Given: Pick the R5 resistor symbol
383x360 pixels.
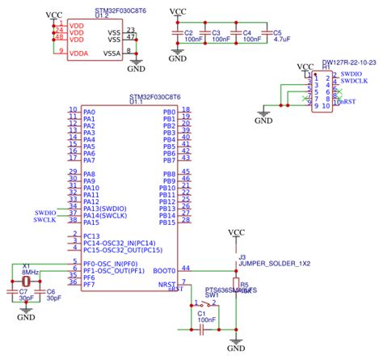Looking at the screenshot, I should point(236,287).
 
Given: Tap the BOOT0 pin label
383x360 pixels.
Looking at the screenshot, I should point(164,271).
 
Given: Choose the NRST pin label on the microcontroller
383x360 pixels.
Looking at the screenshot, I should point(166,285).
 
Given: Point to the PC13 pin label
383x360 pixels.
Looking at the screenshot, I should point(93,236).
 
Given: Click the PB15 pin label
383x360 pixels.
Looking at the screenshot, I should point(167,222).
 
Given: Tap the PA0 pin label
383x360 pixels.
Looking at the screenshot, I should point(90,112).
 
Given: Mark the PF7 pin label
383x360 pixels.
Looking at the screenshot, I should point(89,285).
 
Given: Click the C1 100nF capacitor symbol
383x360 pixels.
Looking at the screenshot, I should point(202,329).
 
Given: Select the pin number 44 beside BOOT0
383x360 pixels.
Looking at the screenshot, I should point(185,268).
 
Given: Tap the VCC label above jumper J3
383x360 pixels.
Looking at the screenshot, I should point(236,233).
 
